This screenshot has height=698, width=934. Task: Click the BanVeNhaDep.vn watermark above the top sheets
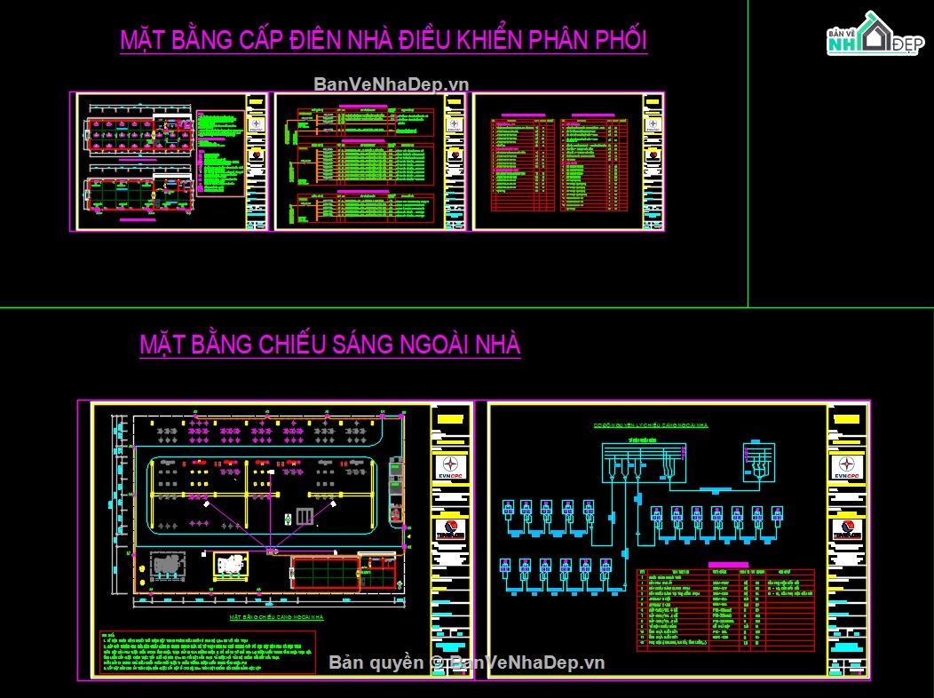[391, 84]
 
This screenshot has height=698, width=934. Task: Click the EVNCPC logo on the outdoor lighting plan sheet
[450, 467]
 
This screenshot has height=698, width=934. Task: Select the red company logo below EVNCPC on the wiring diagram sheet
[847, 530]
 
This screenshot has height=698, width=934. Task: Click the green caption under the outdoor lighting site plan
[276, 616]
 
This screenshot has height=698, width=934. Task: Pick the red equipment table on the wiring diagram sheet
[725, 611]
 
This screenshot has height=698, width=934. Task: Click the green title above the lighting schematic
[651, 425]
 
